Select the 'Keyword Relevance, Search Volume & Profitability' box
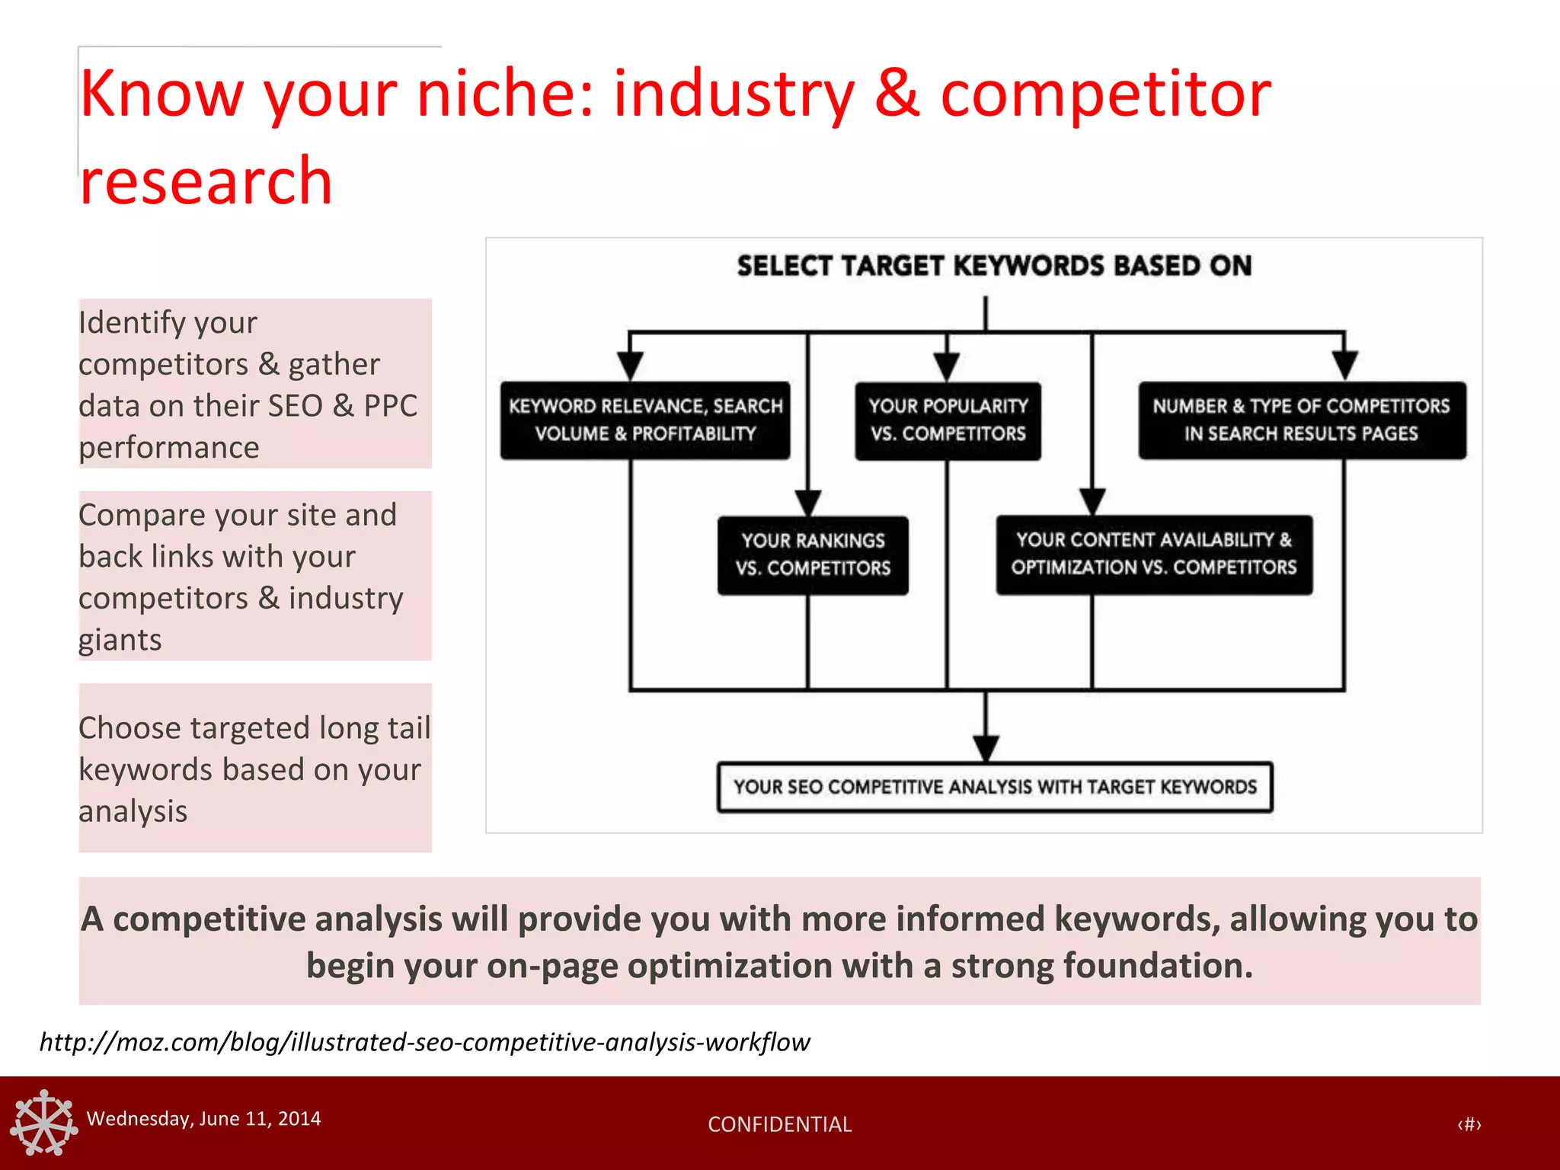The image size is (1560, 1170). click(644, 420)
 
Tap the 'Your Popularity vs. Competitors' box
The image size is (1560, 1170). click(948, 420)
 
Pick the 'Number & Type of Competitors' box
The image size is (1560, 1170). click(1301, 420)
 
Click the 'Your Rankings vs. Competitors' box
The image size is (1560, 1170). click(812, 555)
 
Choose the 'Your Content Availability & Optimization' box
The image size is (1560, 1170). click(1153, 554)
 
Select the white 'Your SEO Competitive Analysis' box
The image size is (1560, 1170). click(994, 787)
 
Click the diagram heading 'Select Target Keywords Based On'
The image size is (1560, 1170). click(993, 266)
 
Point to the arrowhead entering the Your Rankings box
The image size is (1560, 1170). click(807, 503)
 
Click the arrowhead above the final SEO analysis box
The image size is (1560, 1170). click(986, 748)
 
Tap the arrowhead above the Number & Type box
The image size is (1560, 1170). click(1344, 365)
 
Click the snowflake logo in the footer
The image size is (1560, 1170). click(44, 1122)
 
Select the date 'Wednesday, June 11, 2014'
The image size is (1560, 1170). click(203, 1118)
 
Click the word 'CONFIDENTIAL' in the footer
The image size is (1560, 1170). click(779, 1124)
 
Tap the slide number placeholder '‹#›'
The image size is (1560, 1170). click(1469, 1124)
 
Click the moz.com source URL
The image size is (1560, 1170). click(424, 1041)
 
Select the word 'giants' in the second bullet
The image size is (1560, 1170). click(120, 640)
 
